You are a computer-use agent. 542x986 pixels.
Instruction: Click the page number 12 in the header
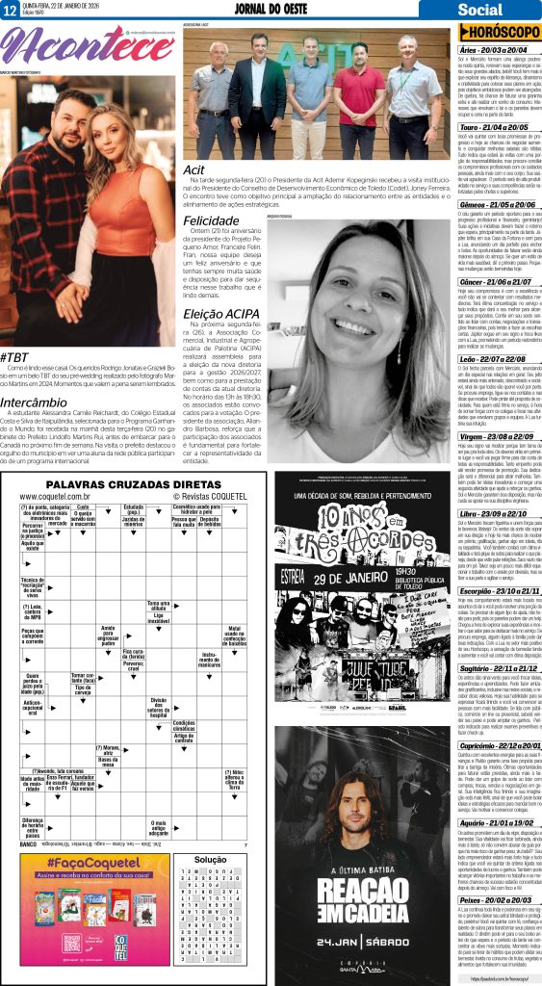[11, 11]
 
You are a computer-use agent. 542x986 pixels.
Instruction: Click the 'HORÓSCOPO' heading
[494, 33]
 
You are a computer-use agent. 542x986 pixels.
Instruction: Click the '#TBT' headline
[16, 356]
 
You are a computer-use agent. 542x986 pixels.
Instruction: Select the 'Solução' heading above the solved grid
[210, 858]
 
